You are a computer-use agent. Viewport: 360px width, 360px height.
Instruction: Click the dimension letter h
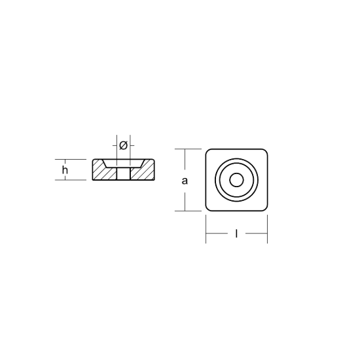65,170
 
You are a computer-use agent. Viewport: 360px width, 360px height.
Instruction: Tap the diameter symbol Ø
123,145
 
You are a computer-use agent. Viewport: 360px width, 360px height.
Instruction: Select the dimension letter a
185,181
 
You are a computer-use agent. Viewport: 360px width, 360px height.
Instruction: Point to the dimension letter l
236,234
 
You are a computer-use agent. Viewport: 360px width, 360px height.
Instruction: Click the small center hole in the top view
236,180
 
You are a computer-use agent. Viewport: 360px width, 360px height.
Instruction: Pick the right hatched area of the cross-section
142,171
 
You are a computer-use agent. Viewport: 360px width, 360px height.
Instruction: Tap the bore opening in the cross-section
123,173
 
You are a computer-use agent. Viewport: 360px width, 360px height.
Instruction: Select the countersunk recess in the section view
123,163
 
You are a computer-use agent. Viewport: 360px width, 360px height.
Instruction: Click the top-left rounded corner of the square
207,151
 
